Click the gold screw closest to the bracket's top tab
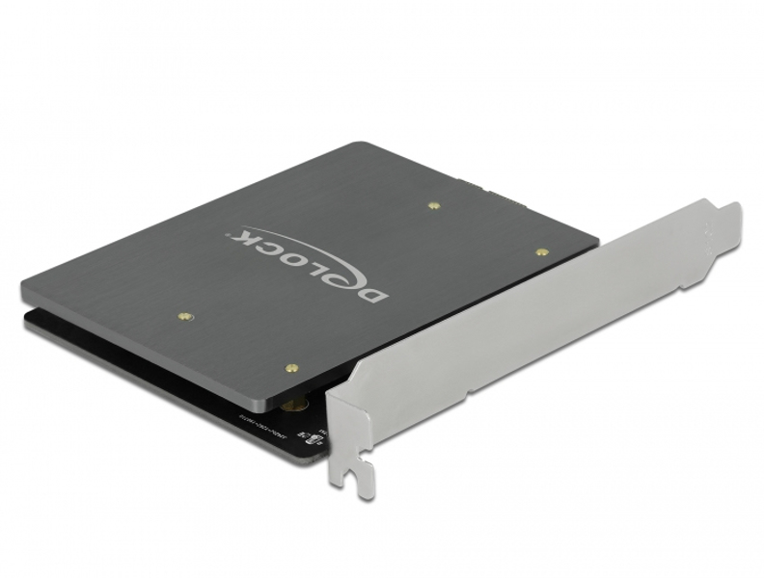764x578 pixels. [542, 251]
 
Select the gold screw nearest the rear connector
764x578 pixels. [433, 204]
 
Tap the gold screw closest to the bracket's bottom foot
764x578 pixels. [290, 367]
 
